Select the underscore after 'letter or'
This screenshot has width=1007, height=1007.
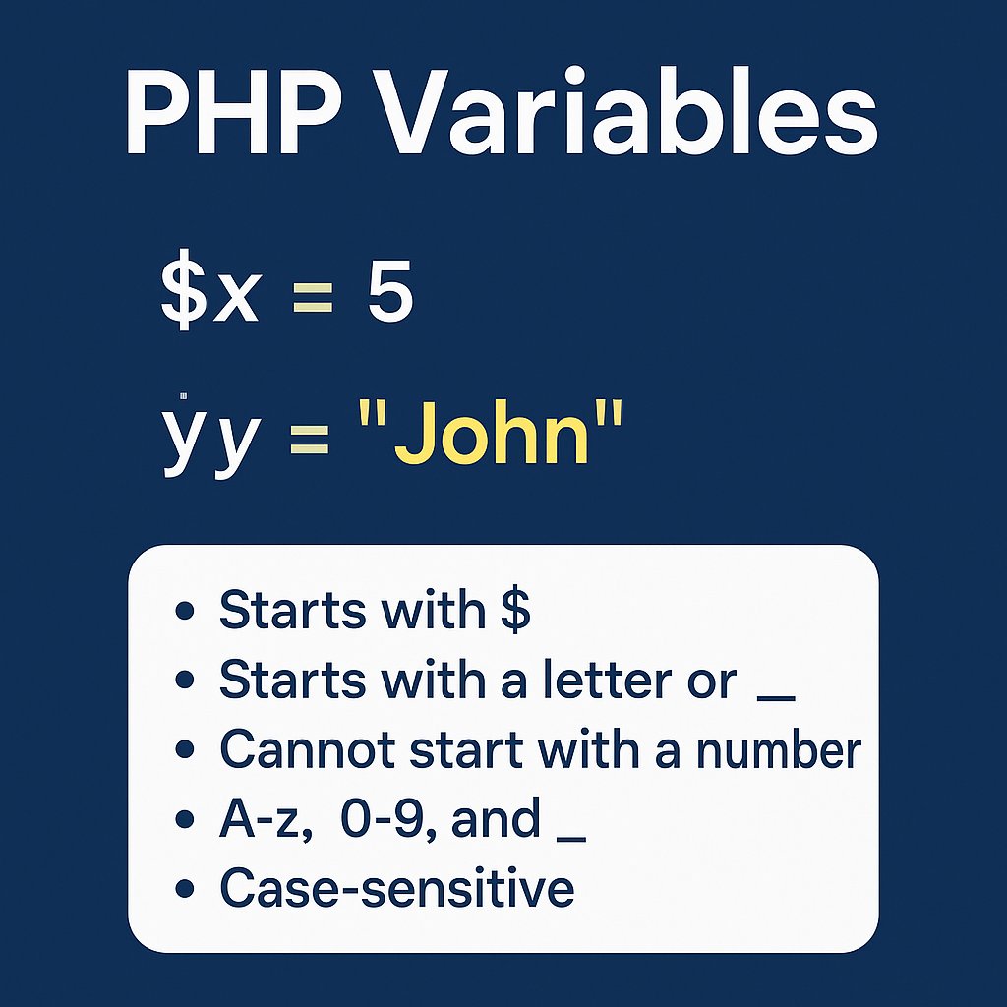pyautogui.click(x=777, y=696)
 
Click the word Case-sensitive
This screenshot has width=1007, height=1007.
pyautogui.click(x=396, y=888)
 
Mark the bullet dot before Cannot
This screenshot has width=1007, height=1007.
pyautogui.click(x=182, y=751)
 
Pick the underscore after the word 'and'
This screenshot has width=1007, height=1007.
pyautogui.click(x=570, y=837)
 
